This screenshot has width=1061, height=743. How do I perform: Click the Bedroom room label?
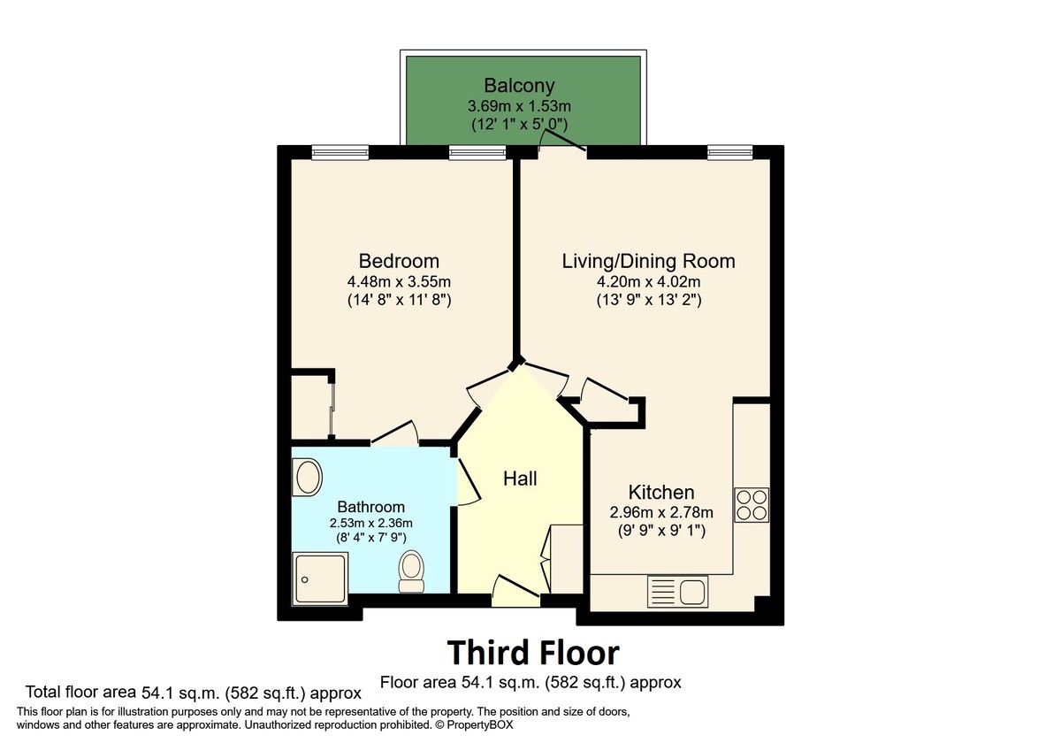point(399,261)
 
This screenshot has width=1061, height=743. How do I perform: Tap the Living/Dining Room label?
point(648,261)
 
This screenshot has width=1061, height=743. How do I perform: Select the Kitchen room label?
point(660,492)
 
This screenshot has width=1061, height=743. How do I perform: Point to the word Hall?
point(520,479)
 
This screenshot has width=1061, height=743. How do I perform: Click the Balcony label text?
point(519,86)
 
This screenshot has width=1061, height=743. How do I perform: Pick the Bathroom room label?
point(371,507)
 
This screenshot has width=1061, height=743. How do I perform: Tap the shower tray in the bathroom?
point(321,578)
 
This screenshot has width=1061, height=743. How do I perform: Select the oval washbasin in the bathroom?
point(308,479)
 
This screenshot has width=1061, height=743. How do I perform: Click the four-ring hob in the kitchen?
point(752,504)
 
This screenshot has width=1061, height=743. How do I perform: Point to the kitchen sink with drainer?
point(676,589)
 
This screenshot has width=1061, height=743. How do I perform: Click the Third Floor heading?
point(532,653)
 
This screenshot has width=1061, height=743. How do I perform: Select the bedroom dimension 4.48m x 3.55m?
point(399,282)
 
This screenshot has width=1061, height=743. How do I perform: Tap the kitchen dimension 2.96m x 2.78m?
point(660,512)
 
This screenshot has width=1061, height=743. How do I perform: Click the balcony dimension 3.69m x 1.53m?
point(519,106)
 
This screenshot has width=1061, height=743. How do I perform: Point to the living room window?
point(729,152)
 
